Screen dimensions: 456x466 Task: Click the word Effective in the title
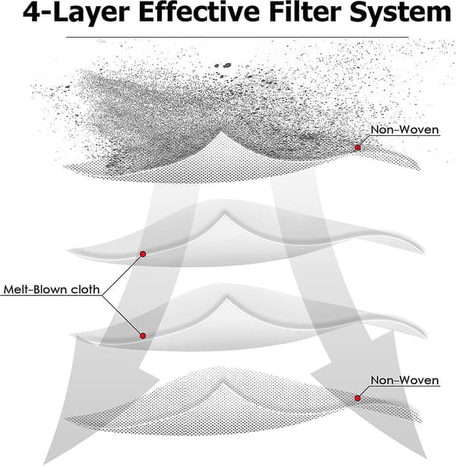pyautogui.click(x=199, y=12)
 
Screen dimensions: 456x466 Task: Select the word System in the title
pyautogui.click(x=401, y=14)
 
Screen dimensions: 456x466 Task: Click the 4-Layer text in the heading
pyautogui.click(x=76, y=14)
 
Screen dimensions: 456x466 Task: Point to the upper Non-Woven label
pyautogui.click(x=405, y=130)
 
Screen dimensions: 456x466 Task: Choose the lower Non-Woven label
pyautogui.click(x=405, y=380)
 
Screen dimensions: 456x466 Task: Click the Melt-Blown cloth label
pyautogui.click(x=52, y=289)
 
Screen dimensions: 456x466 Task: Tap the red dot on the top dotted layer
pyautogui.click(x=357, y=147)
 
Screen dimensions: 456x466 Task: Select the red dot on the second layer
pyautogui.click(x=143, y=253)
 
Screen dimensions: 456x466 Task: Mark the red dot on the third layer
pyautogui.click(x=143, y=335)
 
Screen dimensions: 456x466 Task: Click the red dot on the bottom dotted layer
pyautogui.click(x=357, y=398)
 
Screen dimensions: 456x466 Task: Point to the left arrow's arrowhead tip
pyautogui.click(x=44, y=464)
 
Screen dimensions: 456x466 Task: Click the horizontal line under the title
pyautogui.click(x=237, y=37)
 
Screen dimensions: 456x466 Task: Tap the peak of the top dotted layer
pyautogui.click(x=221, y=133)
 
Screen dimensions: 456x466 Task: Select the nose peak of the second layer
pyautogui.click(x=225, y=213)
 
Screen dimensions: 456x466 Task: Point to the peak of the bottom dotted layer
pyautogui.click(x=222, y=380)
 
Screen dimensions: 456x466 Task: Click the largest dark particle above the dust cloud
pyautogui.click(x=227, y=65)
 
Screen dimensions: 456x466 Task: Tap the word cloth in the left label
pyautogui.click(x=85, y=289)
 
